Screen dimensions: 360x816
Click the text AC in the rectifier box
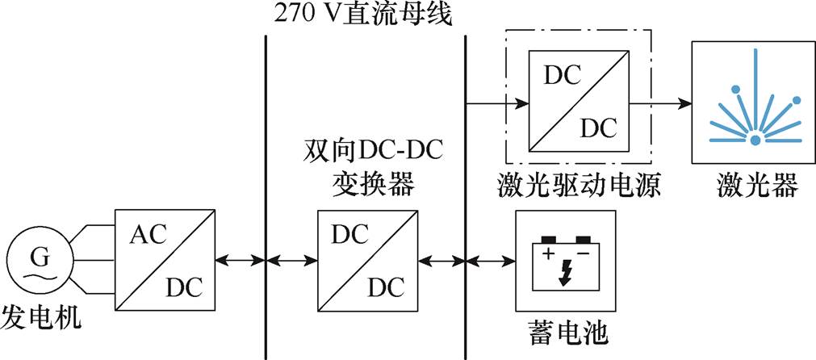coord(147,236)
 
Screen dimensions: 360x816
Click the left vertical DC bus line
coord(266,161)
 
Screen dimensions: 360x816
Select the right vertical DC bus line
coord(466,161)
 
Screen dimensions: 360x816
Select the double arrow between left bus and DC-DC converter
coord(291,260)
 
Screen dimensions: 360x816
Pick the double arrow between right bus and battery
coord(492,260)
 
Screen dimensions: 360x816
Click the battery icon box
coord(565,260)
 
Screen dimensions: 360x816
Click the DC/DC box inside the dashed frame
coord(579,101)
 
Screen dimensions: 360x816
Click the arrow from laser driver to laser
coord(660,103)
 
